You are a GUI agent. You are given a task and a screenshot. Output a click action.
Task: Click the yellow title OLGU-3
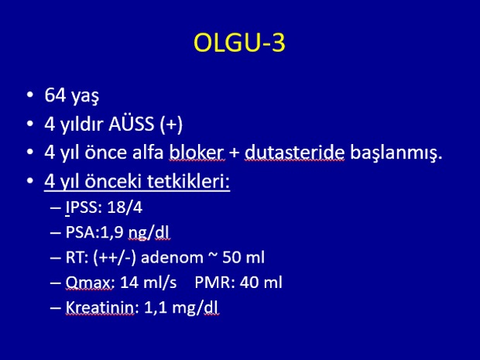tap(240, 43)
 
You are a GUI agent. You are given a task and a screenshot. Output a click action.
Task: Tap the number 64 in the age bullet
tap(55, 95)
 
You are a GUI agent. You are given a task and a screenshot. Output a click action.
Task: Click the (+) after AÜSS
tap(171, 125)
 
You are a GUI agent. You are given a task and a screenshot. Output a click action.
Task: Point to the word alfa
tap(148, 153)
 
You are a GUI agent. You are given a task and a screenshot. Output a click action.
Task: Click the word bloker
tap(197, 153)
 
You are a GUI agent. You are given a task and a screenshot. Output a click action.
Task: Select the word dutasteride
tap(294, 153)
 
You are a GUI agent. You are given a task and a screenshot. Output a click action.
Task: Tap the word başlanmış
tap(396, 153)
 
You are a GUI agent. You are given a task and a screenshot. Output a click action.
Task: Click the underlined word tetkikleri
tap(189, 181)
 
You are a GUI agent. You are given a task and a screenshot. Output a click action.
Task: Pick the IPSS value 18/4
tap(125, 207)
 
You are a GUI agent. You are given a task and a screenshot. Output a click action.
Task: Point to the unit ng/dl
tap(149, 234)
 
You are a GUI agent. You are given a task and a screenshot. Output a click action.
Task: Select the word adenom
tap(172, 258)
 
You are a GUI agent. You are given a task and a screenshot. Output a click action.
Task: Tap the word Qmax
tap(89, 283)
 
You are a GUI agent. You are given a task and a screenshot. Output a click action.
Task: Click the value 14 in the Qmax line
tap(128, 283)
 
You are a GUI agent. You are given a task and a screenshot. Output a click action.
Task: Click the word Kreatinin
tap(100, 307)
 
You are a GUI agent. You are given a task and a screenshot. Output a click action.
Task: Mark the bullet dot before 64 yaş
tap(30, 94)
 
